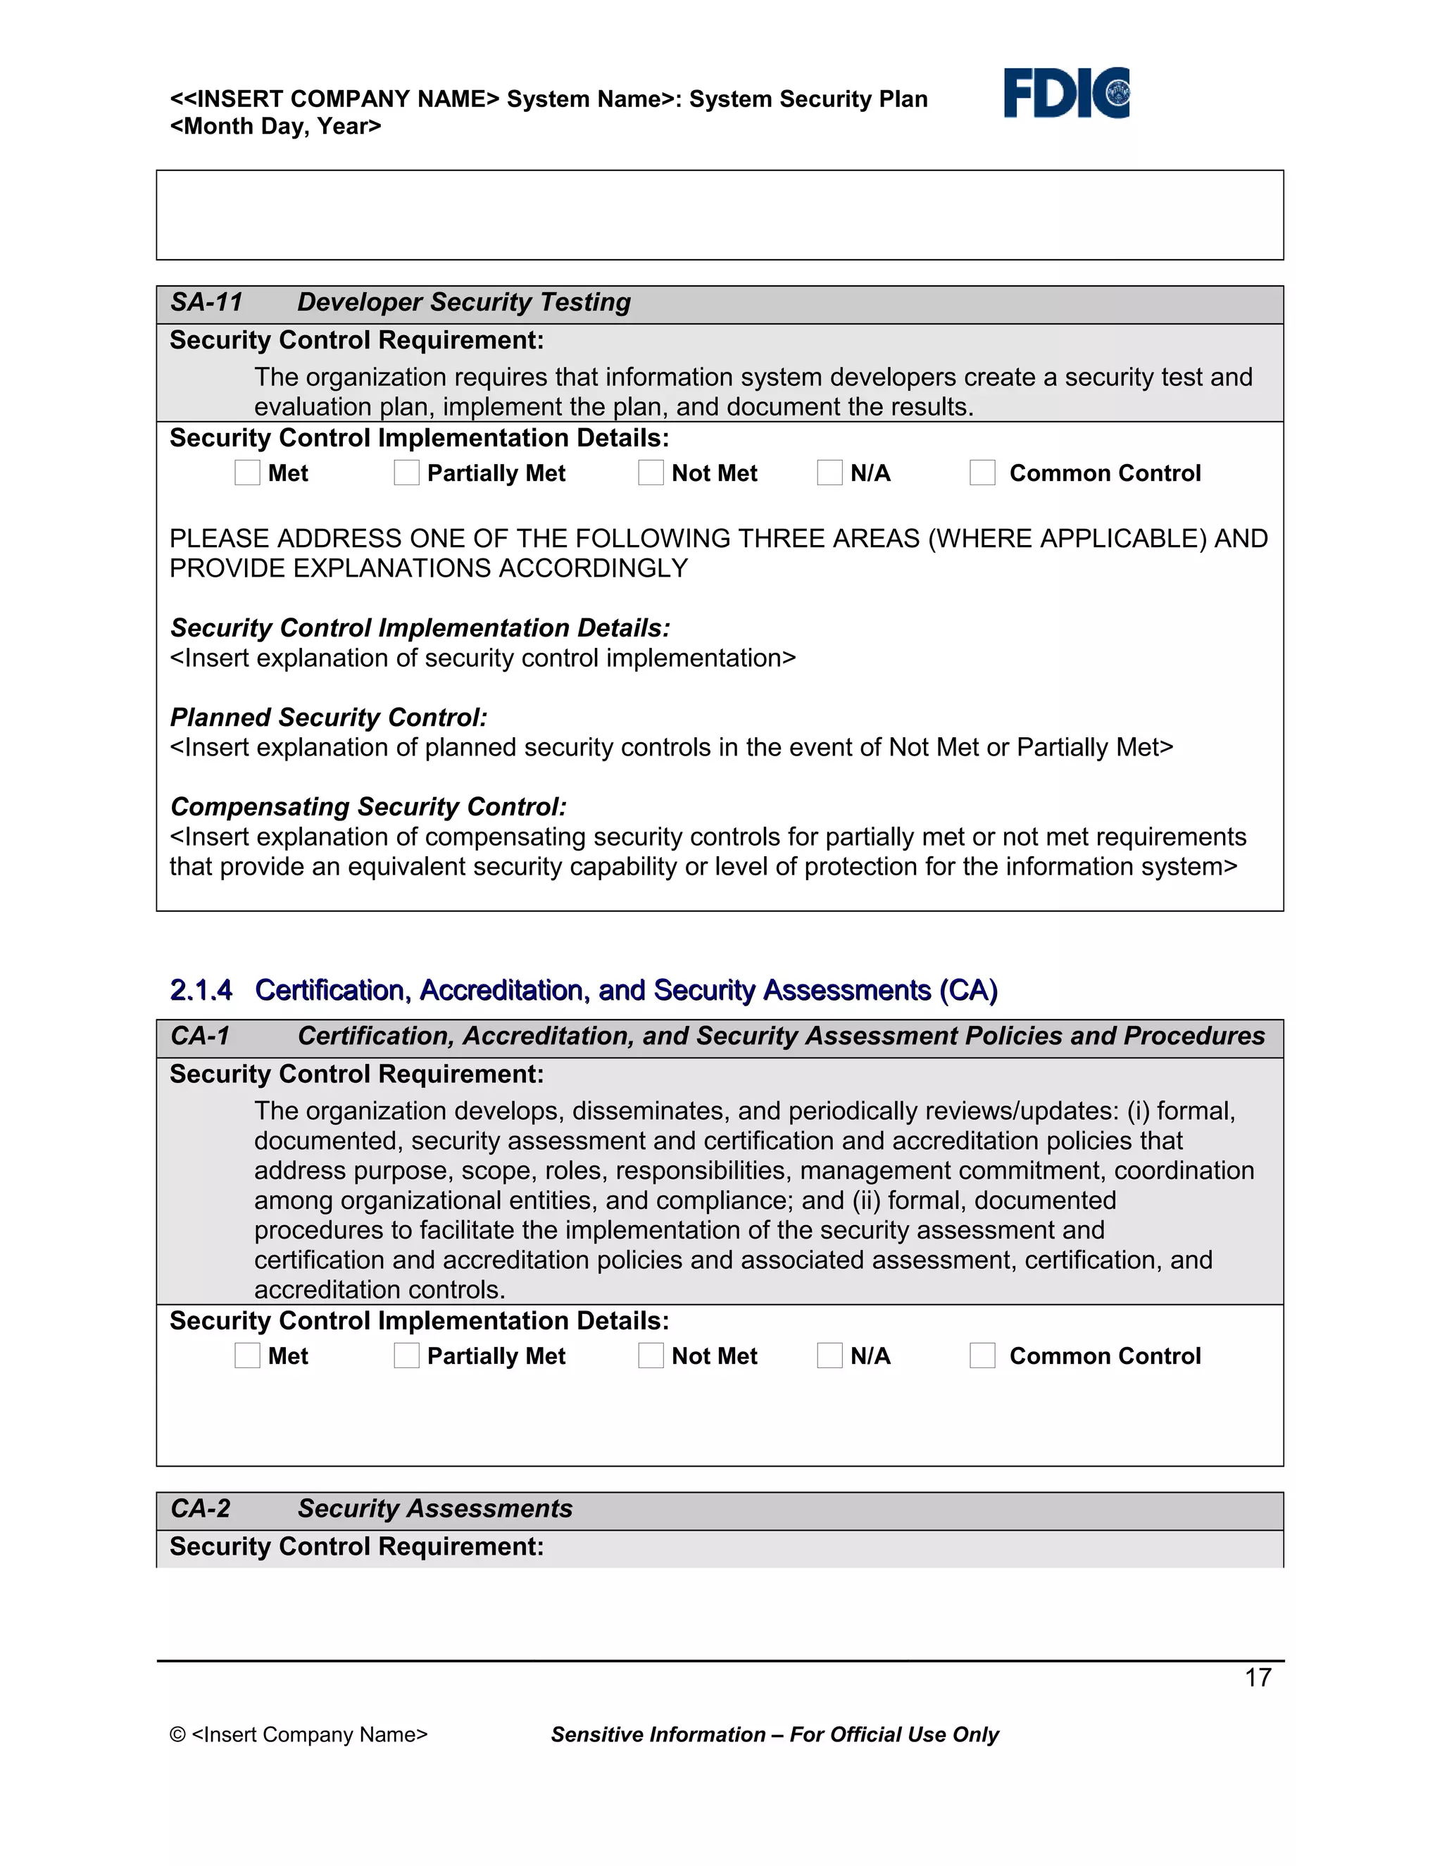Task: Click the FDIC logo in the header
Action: [1066, 92]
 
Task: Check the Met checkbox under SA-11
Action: [247, 472]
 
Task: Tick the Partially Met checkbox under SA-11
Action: [407, 472]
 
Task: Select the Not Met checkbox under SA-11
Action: [651, 472]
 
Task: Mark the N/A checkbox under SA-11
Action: [829, 472]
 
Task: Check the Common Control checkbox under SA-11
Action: [982, 472]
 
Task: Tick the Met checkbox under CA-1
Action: [247, 1355]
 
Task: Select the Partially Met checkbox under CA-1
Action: [407, 1355]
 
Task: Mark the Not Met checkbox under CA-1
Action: [651, 1355]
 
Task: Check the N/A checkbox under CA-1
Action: [829, 1355]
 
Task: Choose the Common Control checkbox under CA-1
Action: [982, 1355]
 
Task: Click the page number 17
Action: [1258, 1677]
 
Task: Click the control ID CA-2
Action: [201, 1508]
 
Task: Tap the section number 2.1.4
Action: [201, 989]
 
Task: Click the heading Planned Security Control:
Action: [329, 717]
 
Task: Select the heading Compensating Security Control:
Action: [368, 806]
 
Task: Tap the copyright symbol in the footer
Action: [177, 1734]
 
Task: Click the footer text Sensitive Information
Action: [658, 1734]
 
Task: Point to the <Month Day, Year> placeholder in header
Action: [275, 127]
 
